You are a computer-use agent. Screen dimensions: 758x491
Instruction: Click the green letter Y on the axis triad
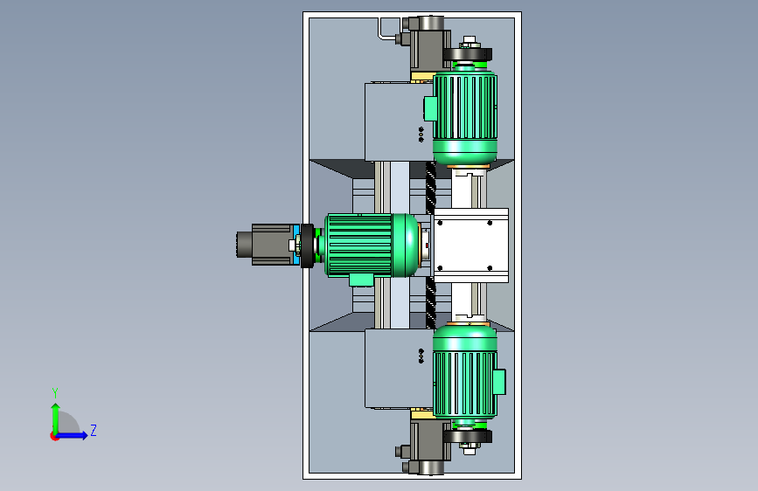tap(55, 392)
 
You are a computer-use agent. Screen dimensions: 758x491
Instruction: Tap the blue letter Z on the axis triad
tap(94, 430)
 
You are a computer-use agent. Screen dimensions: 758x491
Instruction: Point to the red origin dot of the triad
tap(54, 436)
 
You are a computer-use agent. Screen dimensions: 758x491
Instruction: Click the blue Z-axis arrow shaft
tap(70, 435)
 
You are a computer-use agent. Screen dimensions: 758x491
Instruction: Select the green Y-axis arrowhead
tap(56, 407)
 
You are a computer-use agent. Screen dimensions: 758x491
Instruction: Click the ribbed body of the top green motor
tap(464, 107)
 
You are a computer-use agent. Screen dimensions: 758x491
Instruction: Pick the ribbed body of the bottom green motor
tap(464, 384)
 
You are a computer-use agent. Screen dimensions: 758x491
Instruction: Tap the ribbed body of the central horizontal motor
tap(359, 245)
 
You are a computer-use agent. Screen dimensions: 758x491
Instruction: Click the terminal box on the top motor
tap(430, 108)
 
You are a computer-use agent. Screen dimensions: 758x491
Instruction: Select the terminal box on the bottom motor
tap(499, 382)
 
